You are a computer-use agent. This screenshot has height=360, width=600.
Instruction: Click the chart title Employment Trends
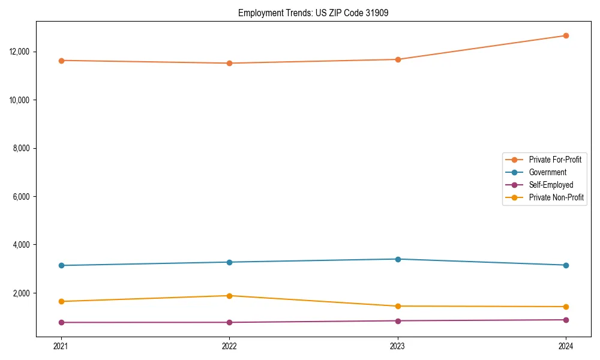[x=313, y=13]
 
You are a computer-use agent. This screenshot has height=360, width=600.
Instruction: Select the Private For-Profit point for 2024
[x=566, y=35]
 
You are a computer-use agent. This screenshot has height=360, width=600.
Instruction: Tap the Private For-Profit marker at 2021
[x=61, y=61]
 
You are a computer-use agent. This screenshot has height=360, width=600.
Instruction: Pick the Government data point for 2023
[x=398, y=259]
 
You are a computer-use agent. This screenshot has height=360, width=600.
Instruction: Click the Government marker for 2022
[x=229, y=262]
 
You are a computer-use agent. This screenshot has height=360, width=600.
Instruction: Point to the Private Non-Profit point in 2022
[x=229, y=296]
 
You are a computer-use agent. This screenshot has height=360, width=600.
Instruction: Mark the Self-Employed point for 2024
[x=566, y=320]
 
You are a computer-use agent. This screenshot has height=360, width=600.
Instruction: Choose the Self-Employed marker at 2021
[x=61, y=322]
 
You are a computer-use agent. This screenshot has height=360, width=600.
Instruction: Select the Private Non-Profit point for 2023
[x=398, y=306]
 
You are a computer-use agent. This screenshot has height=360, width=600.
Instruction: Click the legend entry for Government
[x=547, y=172]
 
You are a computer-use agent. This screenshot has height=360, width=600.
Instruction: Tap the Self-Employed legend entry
[x=551, y=185]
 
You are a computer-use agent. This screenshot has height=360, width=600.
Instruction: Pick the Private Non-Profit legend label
[x=556, y=197]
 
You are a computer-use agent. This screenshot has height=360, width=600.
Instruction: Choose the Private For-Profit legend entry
[x=555, y=160]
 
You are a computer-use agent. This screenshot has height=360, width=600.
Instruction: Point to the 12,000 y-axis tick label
[x=21, y=52]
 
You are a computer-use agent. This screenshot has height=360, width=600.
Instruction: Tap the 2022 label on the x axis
[x=229, y=346]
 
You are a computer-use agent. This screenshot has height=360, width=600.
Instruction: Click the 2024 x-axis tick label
[x=566, y=346]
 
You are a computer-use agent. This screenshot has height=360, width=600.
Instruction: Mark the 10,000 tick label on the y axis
[x=21, y=100]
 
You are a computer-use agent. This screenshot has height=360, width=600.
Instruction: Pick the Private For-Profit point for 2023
[x=398, y=59]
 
